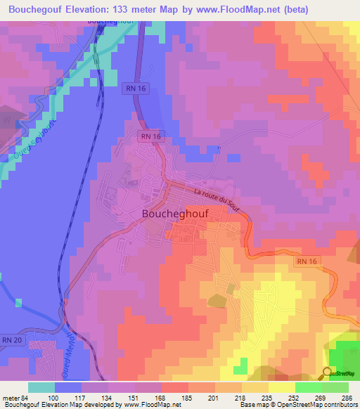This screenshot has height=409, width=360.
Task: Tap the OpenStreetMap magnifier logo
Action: coord(328,373)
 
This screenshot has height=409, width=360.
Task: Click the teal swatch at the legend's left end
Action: coord(41,387)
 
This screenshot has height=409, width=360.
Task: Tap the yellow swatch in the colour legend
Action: coord(282,387)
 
